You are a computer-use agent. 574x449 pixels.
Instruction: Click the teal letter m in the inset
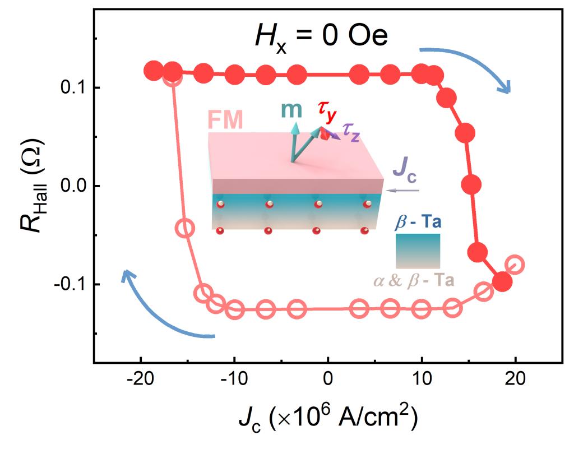tap(291, 109)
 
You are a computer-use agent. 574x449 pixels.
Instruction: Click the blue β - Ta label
tap(418, 223)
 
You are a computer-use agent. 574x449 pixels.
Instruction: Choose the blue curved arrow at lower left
tap(163, 311)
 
